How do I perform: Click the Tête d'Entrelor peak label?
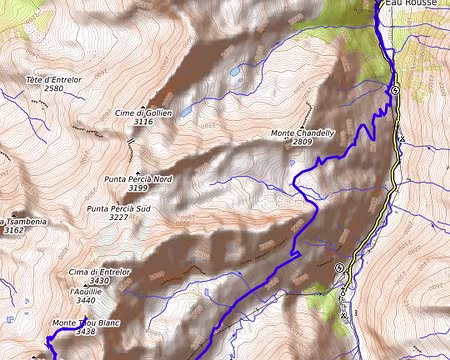(53, 79)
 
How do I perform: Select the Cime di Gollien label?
(144, 113)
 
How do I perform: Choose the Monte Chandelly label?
(302, 133)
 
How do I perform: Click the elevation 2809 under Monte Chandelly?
(302, 142)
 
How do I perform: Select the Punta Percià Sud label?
(118, 208)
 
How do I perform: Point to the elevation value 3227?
(118, 217)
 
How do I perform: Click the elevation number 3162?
(14, 230)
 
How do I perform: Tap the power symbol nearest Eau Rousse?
(395, 91)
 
